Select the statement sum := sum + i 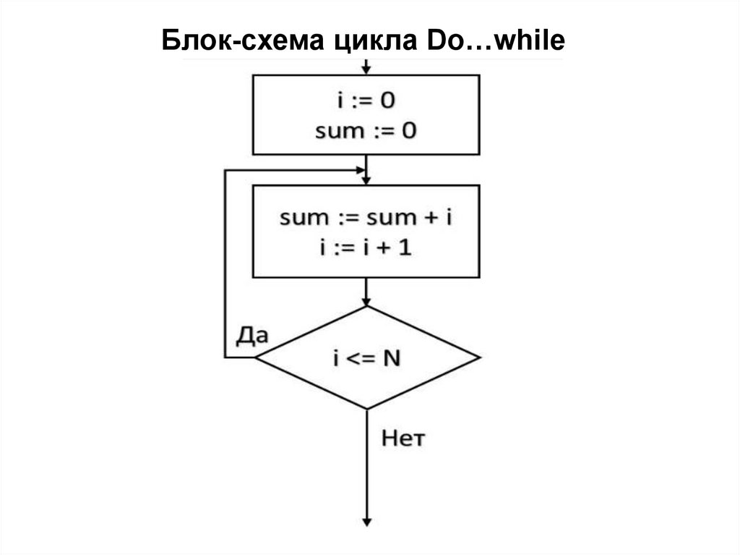click(366, 217)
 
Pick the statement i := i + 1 click(366, 247)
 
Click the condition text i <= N click(366, 358)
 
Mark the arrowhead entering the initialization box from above click(367, 70)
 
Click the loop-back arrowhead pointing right click(361, 170)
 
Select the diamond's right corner click(478, 357)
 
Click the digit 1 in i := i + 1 click(407, 247)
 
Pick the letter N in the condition click(391, 358)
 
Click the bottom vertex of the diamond click(367, 409)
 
